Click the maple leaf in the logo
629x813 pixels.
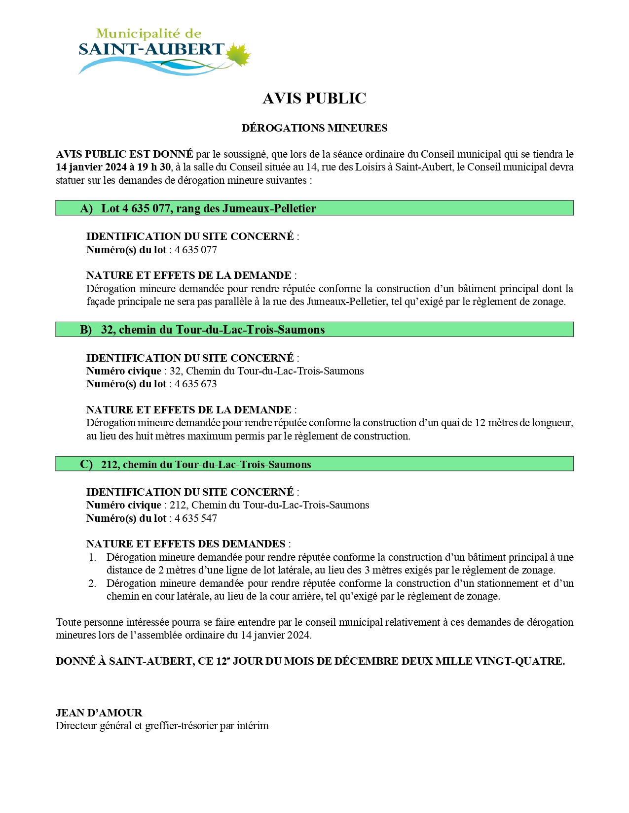(239, 55)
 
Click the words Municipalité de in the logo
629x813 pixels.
(148, 34)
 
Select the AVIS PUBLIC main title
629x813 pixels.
(314, 99)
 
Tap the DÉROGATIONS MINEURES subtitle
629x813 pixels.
(314, 128)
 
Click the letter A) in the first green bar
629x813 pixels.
(86, 208)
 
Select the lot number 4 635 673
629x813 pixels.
(196, 384)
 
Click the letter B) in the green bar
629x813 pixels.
(86, 330)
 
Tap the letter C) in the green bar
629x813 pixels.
(86, 464)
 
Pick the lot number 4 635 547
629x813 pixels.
(196, 518)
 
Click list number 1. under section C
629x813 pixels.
(92, 557)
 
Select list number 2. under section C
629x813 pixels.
(92, 583)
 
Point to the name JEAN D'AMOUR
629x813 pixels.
(99, 713)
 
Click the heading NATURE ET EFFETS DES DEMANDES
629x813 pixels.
(185, 544)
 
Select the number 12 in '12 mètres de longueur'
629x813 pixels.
(480, 423)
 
